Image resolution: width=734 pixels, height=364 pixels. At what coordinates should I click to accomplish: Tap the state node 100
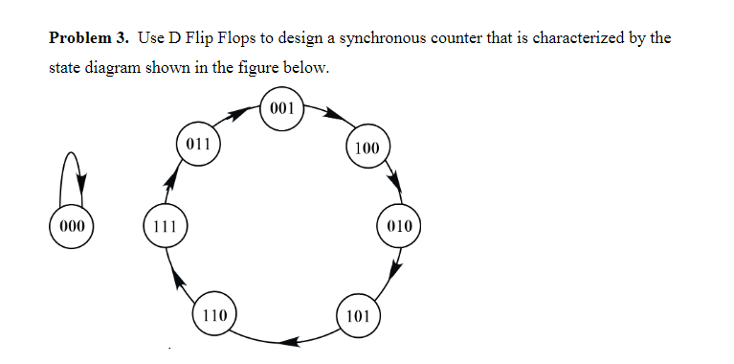coord(367,148)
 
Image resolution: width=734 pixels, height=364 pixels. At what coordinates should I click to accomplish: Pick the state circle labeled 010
coord(400,227)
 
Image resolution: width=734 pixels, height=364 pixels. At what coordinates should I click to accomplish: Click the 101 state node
coord(358,316)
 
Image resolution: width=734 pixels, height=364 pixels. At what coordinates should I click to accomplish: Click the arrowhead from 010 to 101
coord(392,270)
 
